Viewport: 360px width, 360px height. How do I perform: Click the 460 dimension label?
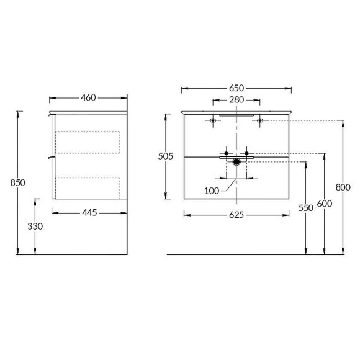88,97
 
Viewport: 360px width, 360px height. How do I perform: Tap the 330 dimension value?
35,227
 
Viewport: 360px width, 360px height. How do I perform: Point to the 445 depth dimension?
89,213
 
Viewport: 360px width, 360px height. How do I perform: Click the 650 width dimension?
236,88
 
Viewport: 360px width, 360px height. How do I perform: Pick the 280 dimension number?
236,100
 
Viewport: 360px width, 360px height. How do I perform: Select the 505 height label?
165,156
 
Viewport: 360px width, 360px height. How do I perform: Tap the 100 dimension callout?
212,191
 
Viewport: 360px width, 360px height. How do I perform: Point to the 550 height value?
305,208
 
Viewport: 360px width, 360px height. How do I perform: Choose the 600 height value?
324,203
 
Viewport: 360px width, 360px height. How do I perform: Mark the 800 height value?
342,186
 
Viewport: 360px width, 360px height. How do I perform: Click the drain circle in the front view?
236,163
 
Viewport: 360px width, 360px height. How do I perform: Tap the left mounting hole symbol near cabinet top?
213,120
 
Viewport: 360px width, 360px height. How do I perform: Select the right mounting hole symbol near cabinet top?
260,120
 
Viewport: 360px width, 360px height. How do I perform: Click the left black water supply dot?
227,153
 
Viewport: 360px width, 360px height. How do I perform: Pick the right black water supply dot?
247,153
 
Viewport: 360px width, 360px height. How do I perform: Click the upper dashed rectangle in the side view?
88,142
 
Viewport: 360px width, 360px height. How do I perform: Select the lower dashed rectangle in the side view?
88,187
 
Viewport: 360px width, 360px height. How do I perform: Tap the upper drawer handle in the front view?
236,115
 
